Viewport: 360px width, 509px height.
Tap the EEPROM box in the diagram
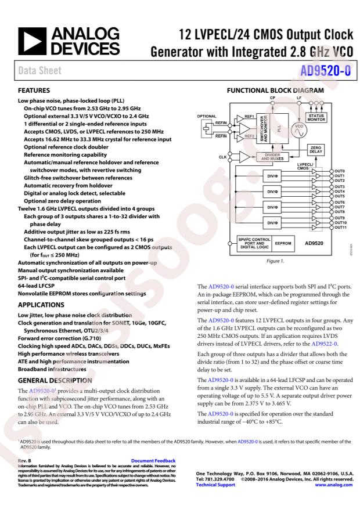[283, 244]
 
